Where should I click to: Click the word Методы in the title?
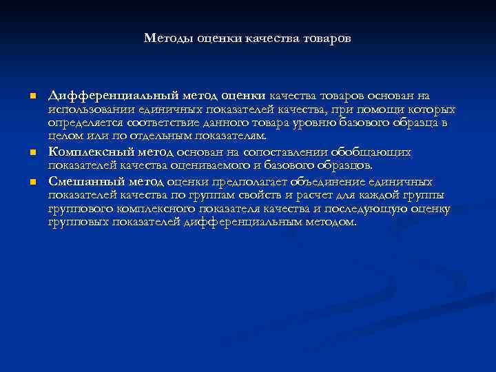point(169,39)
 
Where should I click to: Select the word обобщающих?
point(371,152)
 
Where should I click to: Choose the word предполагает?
point(246,182)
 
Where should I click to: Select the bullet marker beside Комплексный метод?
point(32,152)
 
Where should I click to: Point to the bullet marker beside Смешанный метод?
point(32,183)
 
